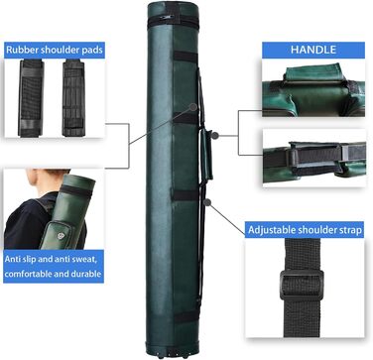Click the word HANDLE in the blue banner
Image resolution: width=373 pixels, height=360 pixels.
click(313, 50)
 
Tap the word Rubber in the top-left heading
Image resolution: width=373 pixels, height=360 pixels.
click(23, 50)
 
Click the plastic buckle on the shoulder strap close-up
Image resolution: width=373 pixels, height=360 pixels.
click(302, 286)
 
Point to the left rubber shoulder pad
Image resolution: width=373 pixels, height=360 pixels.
click(31, 98)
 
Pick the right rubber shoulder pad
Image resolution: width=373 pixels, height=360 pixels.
click(73, 98)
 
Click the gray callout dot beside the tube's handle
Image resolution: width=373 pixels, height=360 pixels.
click(215, 135)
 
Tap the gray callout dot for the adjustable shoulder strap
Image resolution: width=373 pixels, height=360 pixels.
click(207, 202)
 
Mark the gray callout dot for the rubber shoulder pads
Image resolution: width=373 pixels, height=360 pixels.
click(193, 107)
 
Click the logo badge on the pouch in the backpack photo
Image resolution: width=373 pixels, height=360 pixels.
click(61, 235)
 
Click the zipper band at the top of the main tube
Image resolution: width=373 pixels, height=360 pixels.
click(174, 21)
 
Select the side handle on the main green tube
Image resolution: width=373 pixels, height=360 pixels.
click(207, 155)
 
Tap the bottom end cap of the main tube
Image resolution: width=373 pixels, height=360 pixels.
click(173, 351)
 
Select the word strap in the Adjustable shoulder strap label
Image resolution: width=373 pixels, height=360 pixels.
click(349, 230)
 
